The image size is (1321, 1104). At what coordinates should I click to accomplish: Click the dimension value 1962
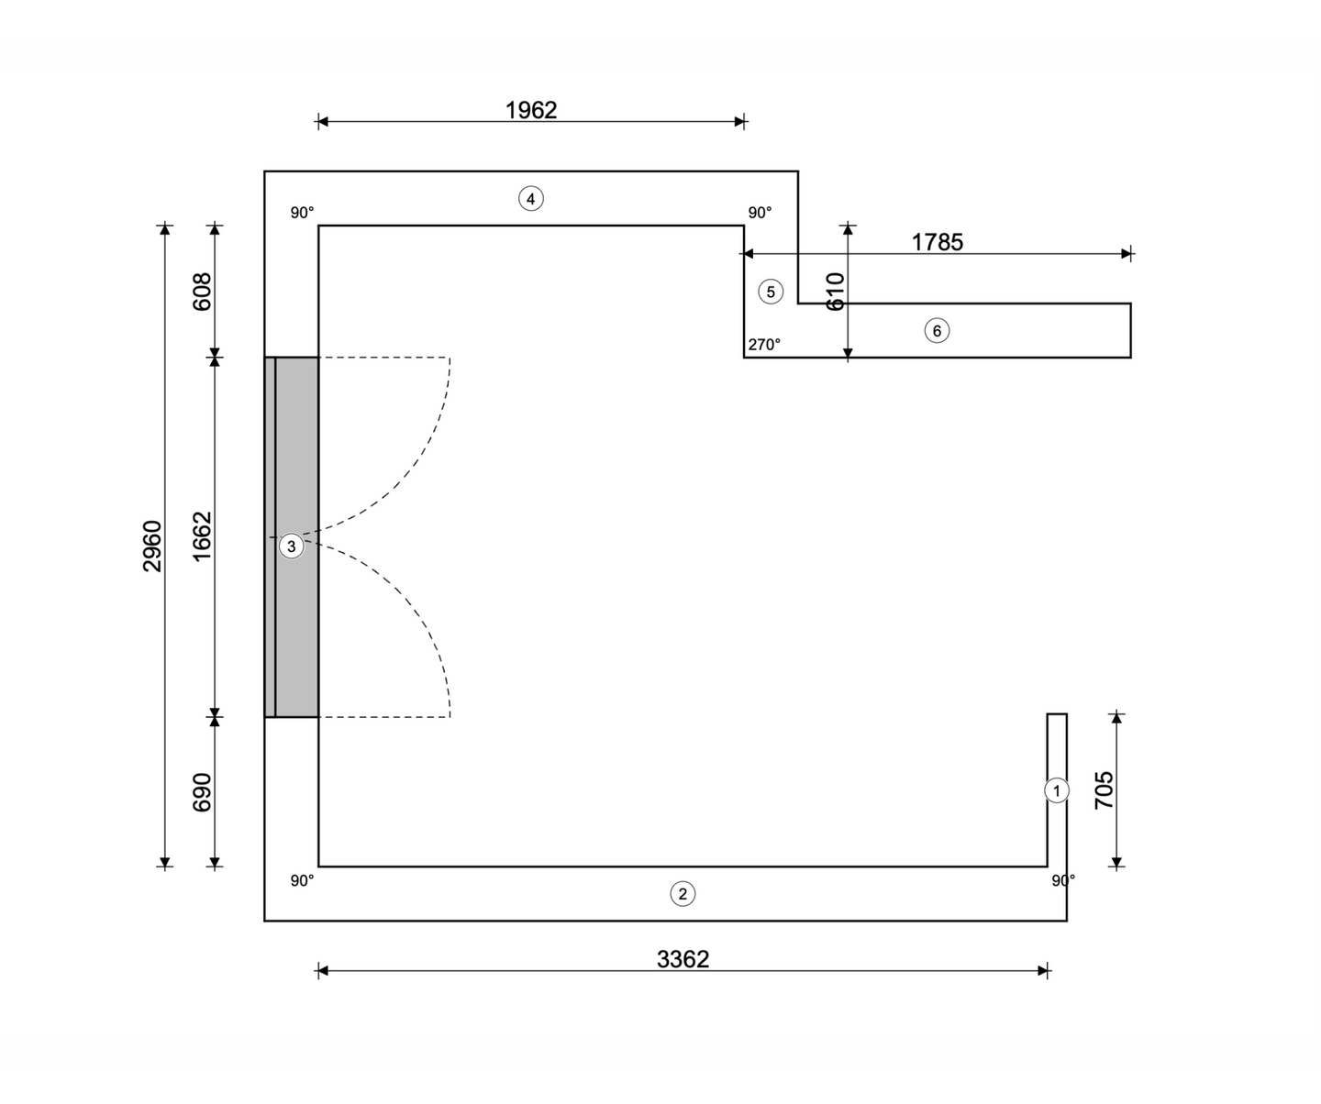click(531, 110)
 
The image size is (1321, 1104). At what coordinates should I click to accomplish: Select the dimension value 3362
click(683, 959)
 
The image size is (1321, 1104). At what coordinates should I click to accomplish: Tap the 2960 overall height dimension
click(152, 546)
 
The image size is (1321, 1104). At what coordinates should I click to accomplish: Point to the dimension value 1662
click(202, 536)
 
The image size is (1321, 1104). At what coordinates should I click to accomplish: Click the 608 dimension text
click(202, 292)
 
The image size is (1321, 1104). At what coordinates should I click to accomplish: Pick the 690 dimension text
click(202, 792)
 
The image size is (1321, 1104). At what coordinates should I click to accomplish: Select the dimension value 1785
click(937, 242)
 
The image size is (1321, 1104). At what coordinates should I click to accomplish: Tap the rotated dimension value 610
click(836, 292)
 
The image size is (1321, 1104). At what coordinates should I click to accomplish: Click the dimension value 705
click(1104, 789)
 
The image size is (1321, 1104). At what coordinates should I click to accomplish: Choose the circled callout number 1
click(1057, 790)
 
